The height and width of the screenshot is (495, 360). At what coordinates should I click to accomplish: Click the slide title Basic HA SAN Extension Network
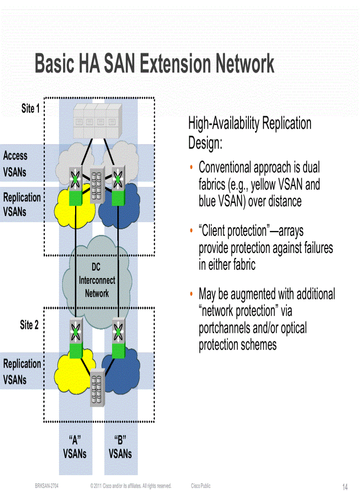click(x=154, y=64)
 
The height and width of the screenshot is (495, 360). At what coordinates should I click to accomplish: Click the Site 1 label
click(x=30, y=108)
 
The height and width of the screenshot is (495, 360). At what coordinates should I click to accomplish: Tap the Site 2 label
click(x=29, y=325)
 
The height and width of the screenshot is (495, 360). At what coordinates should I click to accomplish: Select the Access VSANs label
click(x=15, y=164)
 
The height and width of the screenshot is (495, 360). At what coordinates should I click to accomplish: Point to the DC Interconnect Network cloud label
click(x=97, y=280)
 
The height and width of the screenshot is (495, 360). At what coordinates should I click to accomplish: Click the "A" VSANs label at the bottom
click(x=75, y=447)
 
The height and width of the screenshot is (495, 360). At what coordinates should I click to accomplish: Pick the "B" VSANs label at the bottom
click(x=120, y=447)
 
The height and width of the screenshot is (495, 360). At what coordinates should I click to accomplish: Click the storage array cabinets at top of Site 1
click(x=97, y=120)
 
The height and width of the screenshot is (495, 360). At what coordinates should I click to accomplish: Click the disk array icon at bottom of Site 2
click(x=97, y=389)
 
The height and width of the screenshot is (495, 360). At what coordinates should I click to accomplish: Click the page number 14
click(x=345, y=487)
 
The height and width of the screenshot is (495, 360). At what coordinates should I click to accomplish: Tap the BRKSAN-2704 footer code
click(x=47, y=486)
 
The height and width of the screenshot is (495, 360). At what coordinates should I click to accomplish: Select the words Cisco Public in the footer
click(x=201, y=486)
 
